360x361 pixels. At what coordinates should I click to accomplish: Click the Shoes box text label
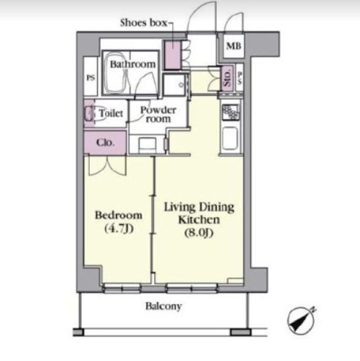(x=144, y=23)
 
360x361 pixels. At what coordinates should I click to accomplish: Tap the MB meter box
(x=234, y=46)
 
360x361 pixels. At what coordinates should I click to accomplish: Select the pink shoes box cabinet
(x=172, y=55)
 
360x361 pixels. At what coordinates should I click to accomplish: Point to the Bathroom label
(x=133, y=64)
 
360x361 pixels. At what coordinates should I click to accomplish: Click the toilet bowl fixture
(x=90, y=113)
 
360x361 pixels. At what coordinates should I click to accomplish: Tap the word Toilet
(x=111, y=113)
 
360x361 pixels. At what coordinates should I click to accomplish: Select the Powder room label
(x=158, y=115)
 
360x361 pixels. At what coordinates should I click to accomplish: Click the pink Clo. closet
(x=105, y=142)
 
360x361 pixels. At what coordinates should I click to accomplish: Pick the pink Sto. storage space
(x=228, y=79)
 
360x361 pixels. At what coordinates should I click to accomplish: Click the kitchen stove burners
(x=230, y=112)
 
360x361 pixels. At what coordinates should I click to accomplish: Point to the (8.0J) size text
(x=199, y=232)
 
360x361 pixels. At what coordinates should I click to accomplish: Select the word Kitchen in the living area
(x=199, y=219)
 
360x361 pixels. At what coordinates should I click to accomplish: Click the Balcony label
(x=164, y=306)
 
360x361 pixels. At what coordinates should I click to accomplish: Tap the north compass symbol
(x=301, y=320)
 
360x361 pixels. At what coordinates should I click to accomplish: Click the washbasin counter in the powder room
(x=147, y=145)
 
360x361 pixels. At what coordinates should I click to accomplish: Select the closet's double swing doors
(x=107, y=165)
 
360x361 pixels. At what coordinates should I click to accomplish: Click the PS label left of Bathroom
(x=91, y=77)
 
